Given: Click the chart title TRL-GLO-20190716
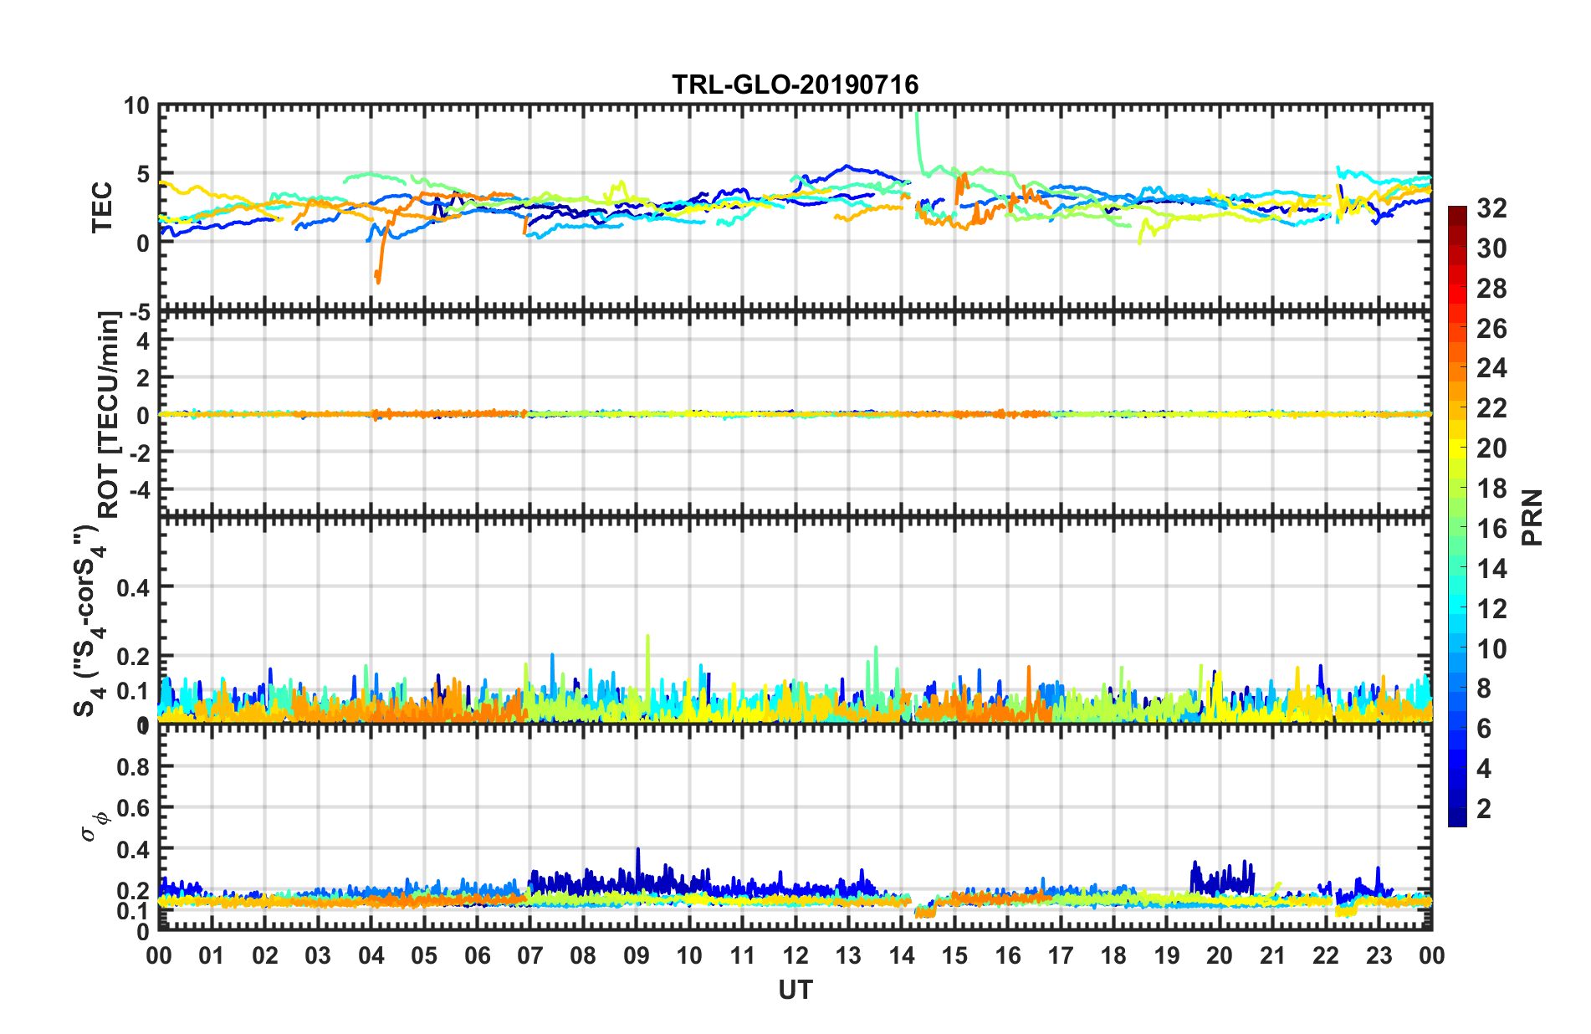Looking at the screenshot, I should (795, 84).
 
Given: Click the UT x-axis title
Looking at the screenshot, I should (795, 990).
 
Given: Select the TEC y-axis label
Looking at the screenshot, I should (101, 207).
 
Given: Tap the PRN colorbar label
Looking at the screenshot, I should (1532, 517).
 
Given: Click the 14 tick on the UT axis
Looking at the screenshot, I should (901, 955).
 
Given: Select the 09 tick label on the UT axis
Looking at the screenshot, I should (636, 955).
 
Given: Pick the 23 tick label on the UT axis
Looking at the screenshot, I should (1379, 955).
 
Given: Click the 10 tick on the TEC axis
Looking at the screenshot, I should (136, 106).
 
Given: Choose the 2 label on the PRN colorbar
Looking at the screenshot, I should (1484, 808).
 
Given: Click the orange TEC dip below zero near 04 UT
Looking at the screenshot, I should (378, 280).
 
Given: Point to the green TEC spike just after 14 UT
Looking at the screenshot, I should (917, 115).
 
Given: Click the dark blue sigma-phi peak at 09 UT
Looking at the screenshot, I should (638, 851).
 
